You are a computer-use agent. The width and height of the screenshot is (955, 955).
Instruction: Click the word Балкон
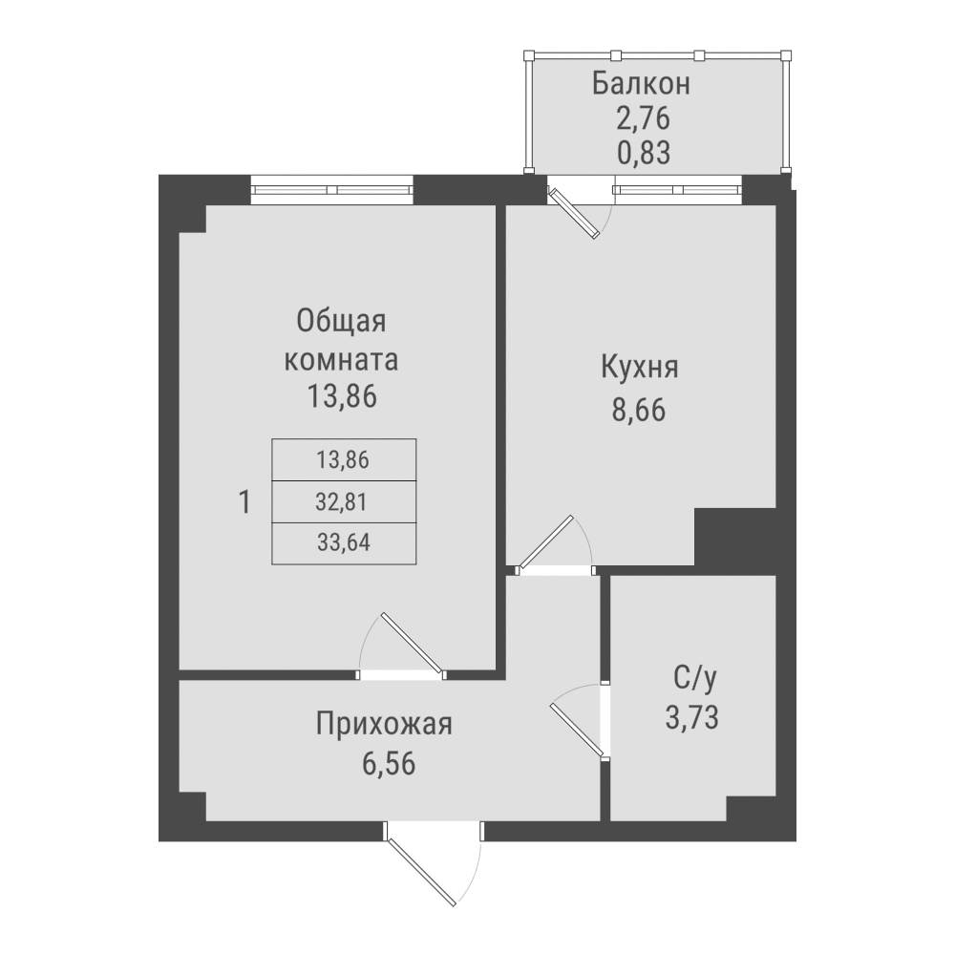(640, 83)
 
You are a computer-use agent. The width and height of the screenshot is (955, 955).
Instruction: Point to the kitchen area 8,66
(639, 410)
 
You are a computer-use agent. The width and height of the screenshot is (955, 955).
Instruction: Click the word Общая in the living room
(341, 321)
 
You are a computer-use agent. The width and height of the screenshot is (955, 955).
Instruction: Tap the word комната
(341, 362)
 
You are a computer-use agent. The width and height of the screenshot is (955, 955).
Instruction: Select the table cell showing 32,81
(343, 501)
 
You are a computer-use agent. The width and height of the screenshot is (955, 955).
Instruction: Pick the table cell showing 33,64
(343, 543)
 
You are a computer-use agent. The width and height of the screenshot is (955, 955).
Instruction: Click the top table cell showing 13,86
(343, 459)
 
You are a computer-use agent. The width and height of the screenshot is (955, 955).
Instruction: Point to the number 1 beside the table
(245, 501)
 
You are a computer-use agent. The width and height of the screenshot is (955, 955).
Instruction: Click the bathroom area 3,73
(693, 717)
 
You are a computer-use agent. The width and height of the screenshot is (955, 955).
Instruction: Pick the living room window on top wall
(332, 190)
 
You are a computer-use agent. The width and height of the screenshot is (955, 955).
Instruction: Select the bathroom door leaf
(577, 732)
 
